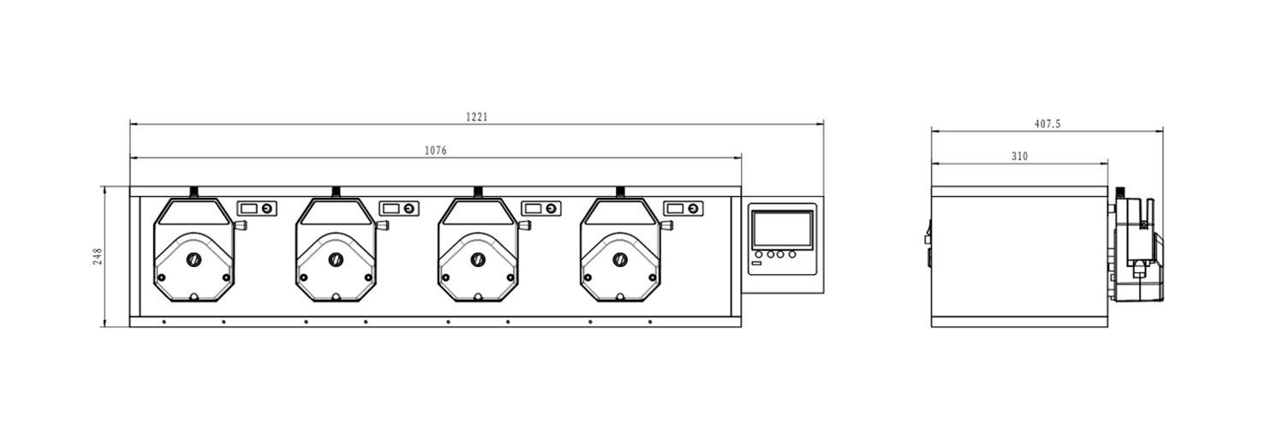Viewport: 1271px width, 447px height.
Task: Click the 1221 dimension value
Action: tap(476, 116)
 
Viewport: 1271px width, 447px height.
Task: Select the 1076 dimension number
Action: tap(435, 151)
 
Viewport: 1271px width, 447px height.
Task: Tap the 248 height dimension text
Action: tap(98, 256)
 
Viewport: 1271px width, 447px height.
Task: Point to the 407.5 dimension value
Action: tap(1047, 123)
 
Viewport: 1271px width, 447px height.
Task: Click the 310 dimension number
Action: tap(1019, 157)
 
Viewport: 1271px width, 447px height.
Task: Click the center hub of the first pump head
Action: tap(194, 259)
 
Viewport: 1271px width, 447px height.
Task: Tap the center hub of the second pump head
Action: tap(336, 259)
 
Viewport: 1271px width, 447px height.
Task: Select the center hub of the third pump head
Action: tap(478, 259)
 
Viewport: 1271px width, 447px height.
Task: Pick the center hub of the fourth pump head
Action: tap(620, 259)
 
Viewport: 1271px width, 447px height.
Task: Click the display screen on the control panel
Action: tap(782, 229)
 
